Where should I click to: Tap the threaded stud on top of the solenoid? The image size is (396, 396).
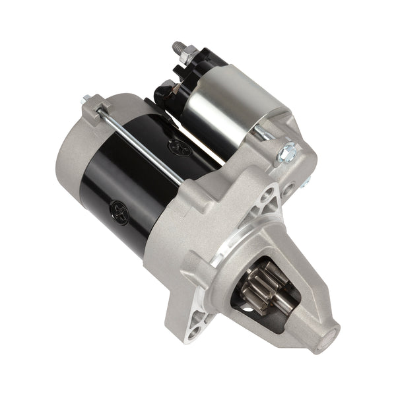coord(178,49)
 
